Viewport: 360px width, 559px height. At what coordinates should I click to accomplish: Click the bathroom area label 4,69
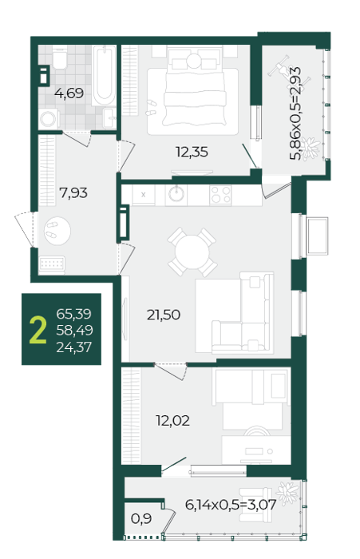[x=69, y=93]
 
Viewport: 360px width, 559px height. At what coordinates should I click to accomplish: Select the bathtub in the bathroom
[x=104, y=75]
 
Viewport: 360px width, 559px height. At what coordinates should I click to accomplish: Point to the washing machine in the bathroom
[x=49, y=119]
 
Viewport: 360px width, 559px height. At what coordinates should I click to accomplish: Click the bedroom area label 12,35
[x=192, y=152]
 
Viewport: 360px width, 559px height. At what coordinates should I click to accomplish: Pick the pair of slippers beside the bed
[x=151, y=108]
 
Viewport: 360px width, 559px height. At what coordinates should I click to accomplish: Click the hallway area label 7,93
[x=73, y=193]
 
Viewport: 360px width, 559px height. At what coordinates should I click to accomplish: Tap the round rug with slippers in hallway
[x=57, y=230]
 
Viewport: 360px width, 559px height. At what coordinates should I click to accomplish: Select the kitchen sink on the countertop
[x=176, y=195]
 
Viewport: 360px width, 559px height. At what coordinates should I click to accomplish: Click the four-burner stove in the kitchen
[x=220, y=196]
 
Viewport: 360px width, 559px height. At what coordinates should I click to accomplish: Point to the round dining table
[x=192, y=253]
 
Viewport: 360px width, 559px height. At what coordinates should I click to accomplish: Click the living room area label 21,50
[x=164, y=315]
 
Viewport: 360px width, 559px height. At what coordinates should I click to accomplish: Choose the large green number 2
[x=38, y=330]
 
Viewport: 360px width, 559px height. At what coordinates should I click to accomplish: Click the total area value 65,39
[x=73, y=314]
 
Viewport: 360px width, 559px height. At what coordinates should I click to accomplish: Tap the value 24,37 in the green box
[x=73, y=347]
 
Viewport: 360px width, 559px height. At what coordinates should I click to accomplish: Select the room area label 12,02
[x=172, y=421]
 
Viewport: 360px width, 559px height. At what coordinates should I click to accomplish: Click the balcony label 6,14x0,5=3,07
[x=231, y=505]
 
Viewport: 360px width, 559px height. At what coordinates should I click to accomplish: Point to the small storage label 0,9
[x=141, y=519]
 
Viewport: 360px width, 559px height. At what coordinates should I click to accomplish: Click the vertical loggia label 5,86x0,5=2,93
[x=295, y=113]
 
